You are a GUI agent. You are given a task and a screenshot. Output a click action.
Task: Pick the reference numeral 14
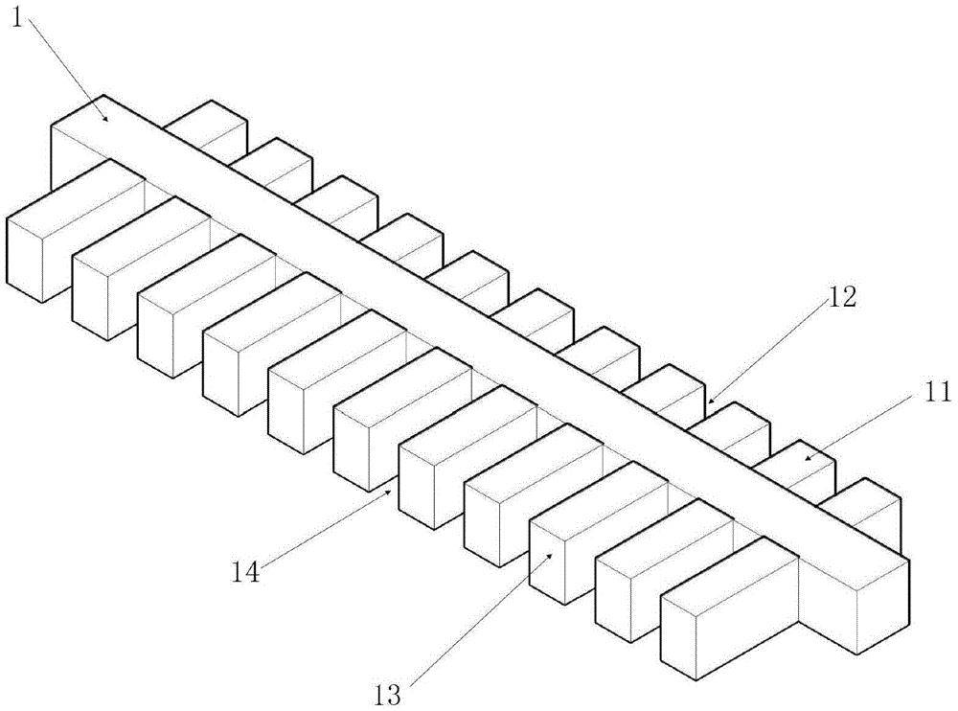click(x=245, y=572)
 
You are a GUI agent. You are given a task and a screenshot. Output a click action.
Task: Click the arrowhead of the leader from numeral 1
click(x=106, y=119)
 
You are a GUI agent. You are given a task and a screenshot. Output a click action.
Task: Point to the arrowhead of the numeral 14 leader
click(x=389, y=491)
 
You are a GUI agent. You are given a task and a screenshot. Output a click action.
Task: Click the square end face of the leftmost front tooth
click(x=25, y=259)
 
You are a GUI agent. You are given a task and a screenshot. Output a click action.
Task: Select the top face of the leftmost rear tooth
click(x=205, y=126)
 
